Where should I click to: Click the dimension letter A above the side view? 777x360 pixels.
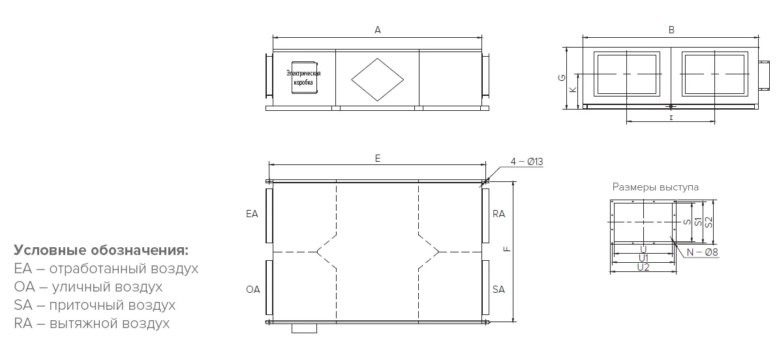[x=378, y=30]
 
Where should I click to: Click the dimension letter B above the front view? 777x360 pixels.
[x=671, y=30]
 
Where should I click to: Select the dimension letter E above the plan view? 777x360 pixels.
[x=378, y=158]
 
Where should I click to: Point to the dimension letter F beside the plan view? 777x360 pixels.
[x=507, y=248]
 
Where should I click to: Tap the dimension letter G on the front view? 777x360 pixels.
[x=561, y=78]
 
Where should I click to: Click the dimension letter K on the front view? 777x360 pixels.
[x=573, y=89]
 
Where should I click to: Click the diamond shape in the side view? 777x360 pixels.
[x=378, y=79]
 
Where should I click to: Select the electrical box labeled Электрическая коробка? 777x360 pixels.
[x=304, y=78]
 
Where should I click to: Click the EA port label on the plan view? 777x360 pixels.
[x=252, y=214]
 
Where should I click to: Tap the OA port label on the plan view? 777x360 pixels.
[x=252, y=290]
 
